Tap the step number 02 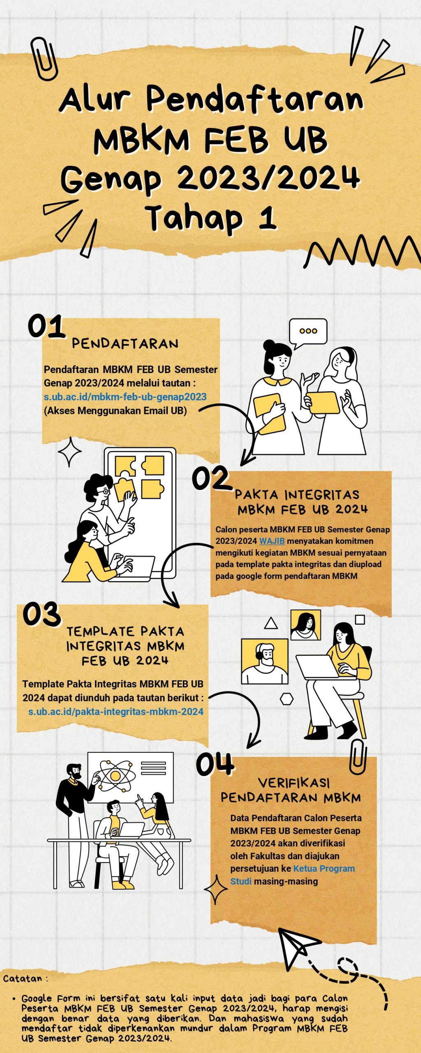211,478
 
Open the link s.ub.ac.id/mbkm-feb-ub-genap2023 125,397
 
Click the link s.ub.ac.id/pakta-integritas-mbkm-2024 116,712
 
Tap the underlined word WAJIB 272,541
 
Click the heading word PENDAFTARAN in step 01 125,344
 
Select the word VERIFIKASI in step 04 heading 294,782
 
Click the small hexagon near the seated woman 287,698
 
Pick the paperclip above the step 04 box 358,757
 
